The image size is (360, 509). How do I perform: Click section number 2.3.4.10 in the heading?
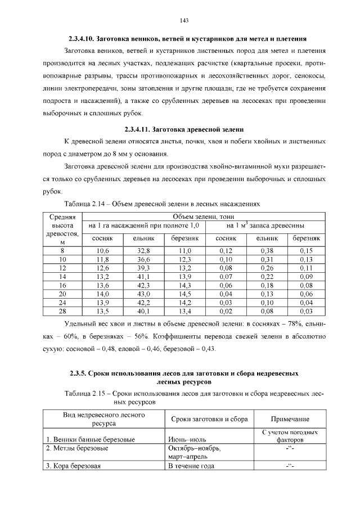(x=81, y=39)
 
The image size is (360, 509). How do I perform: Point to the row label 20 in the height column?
(x=62, y=294)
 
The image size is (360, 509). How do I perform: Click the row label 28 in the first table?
(x=62, y=311)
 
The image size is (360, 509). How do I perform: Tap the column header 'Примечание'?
(x=290, y=420)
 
